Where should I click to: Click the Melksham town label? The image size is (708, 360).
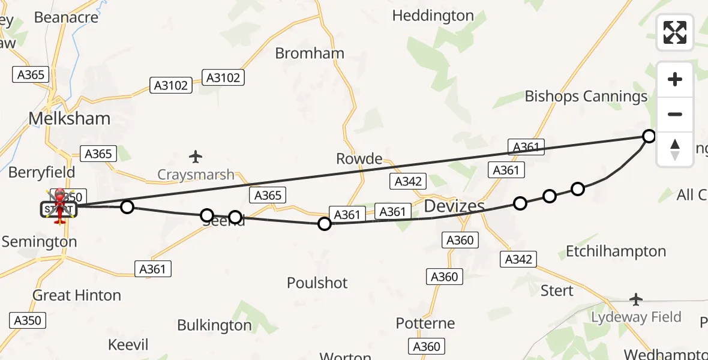(70, 118)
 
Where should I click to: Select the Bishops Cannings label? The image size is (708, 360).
(586, 96)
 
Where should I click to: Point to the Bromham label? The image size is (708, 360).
(310, 53)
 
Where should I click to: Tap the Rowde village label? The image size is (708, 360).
(359, 159)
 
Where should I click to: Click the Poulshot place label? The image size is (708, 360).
(317, 282)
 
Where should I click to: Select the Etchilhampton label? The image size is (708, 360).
(616, 251)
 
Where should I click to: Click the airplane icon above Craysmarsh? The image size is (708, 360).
(195, 157)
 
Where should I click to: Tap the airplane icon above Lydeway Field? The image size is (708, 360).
(636, 299)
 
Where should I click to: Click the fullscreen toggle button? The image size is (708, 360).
(675, 32)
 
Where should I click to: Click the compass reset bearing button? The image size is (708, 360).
(675, 149)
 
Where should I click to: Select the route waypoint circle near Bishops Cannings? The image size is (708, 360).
(649, 136)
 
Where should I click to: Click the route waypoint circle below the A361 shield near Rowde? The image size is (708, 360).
(324, 224)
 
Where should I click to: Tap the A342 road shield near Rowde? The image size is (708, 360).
(408, 181)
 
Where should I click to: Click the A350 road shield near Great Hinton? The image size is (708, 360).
(28, 320)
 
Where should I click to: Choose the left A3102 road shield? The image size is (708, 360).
(171, 85)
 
